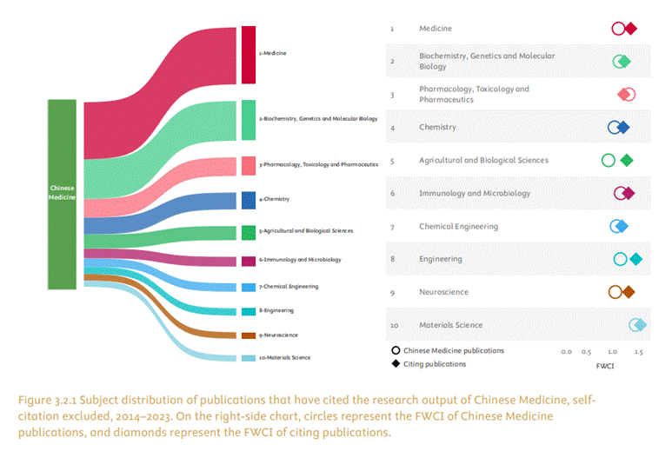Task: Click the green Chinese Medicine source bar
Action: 63,193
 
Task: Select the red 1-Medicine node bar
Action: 249,54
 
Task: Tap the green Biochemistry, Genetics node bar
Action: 249,118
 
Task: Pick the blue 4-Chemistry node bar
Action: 249,200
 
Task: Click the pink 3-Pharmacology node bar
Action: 249,164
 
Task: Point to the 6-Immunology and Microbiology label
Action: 300,260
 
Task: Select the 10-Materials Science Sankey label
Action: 284,358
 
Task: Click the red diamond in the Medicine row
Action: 631,29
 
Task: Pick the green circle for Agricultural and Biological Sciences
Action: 609,160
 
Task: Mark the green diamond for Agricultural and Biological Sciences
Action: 626,160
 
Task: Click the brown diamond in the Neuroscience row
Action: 628,292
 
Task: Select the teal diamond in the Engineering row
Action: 635,259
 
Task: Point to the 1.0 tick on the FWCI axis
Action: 613,352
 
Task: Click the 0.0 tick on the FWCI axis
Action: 566,352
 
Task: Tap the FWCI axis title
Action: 605,366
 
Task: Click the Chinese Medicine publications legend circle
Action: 396,351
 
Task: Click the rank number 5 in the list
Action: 392,161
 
